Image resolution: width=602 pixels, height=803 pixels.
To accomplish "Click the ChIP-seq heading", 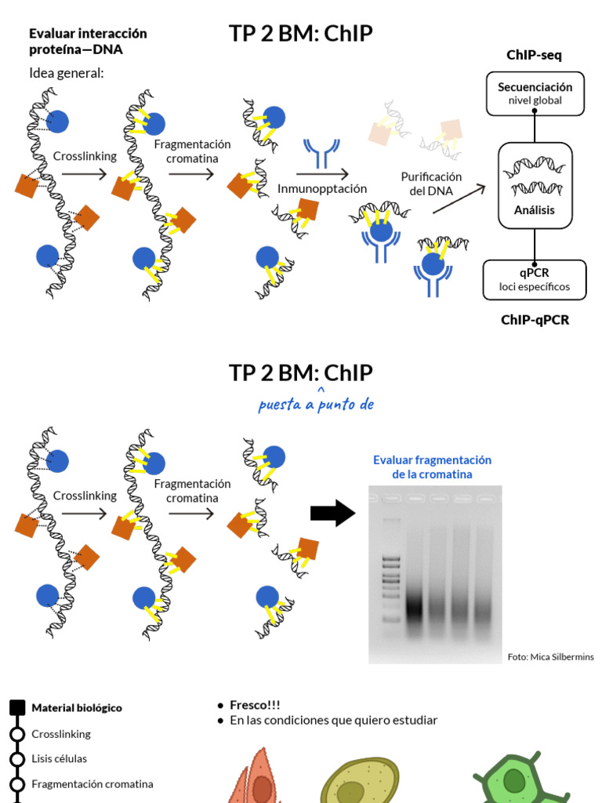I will [534, 55].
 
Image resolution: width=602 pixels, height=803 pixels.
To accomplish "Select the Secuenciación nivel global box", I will [535, 93].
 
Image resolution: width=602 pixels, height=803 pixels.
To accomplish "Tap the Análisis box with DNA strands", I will [535, 186].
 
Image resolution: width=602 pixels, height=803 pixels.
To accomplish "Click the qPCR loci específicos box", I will [534, 280].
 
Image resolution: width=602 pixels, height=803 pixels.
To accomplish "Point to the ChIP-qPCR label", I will [535, 320].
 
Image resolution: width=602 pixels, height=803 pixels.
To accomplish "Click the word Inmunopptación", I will [322, 189].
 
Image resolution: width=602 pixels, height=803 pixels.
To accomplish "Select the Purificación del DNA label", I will [430, 184].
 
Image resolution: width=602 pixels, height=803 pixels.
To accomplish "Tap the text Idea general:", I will [67, 73].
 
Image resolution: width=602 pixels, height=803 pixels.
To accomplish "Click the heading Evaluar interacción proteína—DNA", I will [88, 42].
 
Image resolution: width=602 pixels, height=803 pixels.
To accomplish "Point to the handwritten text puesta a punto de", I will [316, 405].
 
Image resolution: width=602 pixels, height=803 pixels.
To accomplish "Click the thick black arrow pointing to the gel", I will [332, 514].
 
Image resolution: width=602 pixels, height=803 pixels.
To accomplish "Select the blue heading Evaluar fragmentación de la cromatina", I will [432, 467].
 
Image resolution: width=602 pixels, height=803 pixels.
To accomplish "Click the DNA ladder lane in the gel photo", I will [390, 572].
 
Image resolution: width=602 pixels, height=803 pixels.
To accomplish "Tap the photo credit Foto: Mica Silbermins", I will [550, 656].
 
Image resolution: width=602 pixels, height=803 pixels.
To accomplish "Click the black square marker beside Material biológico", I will [17, 708].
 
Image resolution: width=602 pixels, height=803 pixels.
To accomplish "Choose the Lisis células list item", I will [59, 759].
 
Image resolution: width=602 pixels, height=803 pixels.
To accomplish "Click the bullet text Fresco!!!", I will [255, 705].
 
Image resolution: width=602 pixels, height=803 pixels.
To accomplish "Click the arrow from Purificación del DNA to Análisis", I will [459, 199].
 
